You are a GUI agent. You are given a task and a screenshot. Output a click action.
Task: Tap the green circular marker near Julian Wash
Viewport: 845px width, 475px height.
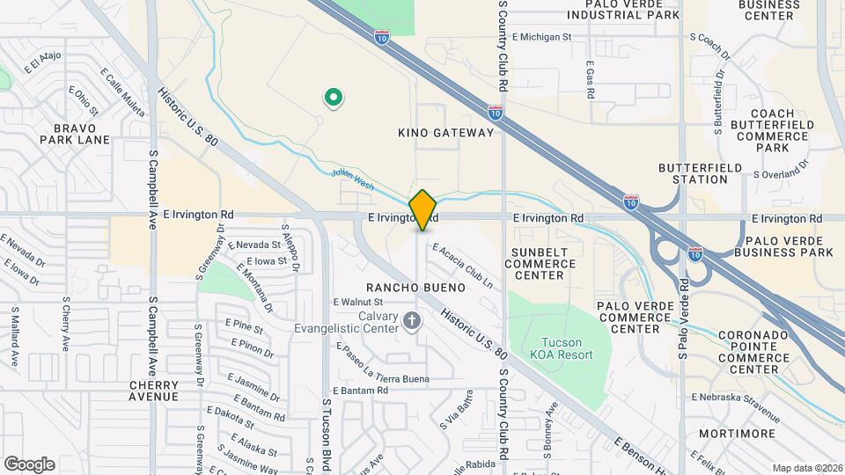[334, 98]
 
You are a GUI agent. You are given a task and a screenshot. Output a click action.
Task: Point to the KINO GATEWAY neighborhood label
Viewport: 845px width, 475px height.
[446, 133]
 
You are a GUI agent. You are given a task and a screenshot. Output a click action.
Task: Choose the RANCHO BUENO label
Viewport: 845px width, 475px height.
[416, 288]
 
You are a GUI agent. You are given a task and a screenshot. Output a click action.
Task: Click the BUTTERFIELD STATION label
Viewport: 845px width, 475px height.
[694, 173]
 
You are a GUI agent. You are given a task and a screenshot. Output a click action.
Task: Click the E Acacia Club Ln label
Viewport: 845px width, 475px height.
[461, 267]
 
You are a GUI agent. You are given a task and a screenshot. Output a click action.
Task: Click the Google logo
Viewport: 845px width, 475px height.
[29, 464]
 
